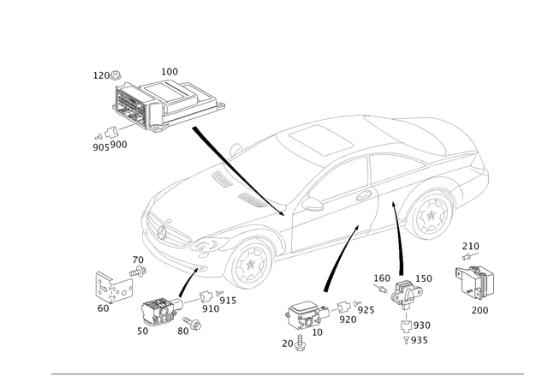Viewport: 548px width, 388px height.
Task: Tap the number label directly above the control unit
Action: point(169,69)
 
